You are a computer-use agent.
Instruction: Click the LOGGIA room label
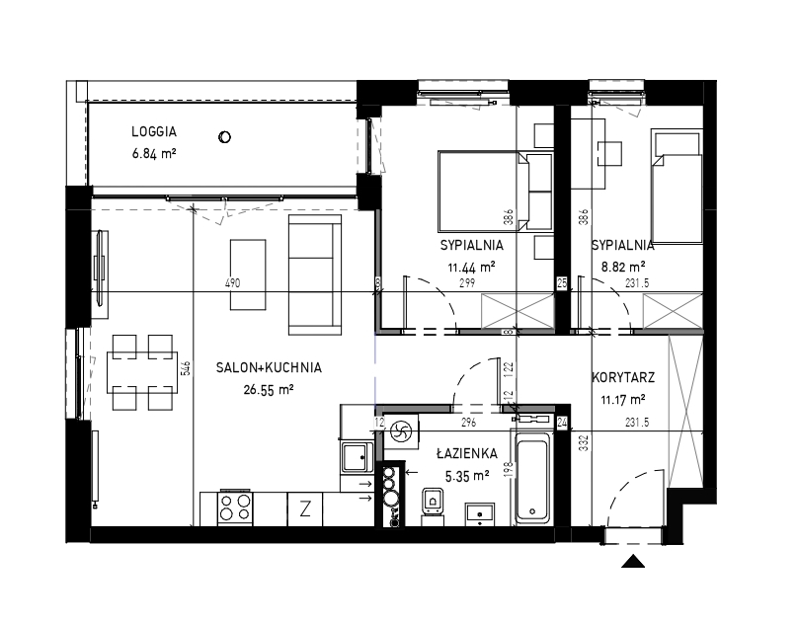click(154, 131)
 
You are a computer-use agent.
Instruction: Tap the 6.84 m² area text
click(154, 153)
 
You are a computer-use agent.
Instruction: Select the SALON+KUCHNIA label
click(269, 367)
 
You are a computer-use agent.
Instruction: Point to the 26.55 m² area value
click(269, 390)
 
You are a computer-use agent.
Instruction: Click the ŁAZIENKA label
click(466, 453)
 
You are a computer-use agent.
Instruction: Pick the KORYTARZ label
click(623, 377)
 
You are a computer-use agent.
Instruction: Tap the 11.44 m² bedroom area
click(471, 267)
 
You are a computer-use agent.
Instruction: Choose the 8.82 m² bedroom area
click(623, 267)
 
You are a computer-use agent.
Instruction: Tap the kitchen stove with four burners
click(235, 508)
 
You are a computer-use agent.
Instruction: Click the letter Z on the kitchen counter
click(305, 508)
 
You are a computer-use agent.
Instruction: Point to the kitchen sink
click(358, 456)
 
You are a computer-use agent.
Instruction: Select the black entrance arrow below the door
click(633, 561)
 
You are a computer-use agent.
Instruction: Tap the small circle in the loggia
click(224, 137)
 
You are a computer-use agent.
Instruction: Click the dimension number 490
click(232, 283)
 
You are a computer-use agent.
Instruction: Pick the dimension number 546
click(186, 368)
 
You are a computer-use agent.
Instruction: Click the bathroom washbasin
click(480, 513)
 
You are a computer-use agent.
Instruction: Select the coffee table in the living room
click(248, 274)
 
